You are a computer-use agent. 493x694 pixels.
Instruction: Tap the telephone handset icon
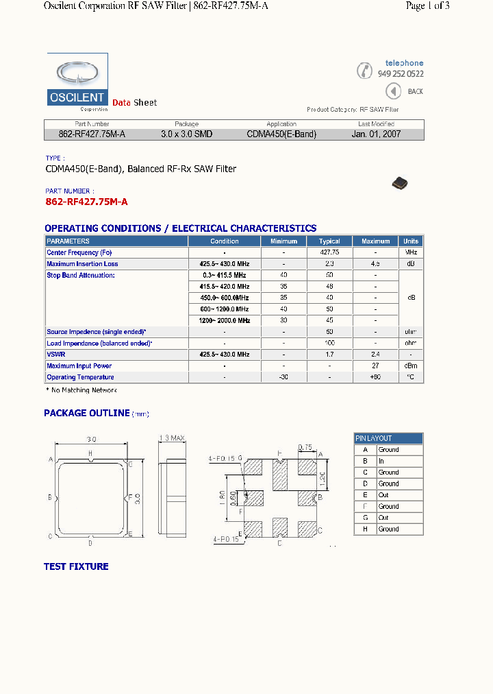click(365, 70)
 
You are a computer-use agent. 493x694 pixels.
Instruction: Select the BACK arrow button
click(393, 91)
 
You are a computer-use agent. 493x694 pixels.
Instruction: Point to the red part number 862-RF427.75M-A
click(86, 202)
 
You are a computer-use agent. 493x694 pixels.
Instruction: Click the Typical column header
click(329, 241)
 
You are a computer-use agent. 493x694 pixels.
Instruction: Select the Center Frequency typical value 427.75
click(329, 252)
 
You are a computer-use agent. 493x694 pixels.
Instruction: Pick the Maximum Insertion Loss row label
click(82, 264)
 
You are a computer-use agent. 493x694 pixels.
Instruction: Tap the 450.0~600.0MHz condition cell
click(225, 298)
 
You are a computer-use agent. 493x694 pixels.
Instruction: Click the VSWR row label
click(55, 355)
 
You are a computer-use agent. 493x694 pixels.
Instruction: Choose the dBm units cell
click(411, 366)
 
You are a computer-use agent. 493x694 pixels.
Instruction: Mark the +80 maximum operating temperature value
click(376, 377)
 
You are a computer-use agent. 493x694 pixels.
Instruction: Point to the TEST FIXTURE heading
click(76, 566)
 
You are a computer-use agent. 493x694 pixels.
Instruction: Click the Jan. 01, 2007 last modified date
click(376, 134)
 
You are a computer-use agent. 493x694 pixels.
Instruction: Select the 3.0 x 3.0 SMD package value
click(186, 134)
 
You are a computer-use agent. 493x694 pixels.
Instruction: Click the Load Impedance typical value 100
click(329, 343)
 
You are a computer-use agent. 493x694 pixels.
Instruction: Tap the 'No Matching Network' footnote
click(81, 390)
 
